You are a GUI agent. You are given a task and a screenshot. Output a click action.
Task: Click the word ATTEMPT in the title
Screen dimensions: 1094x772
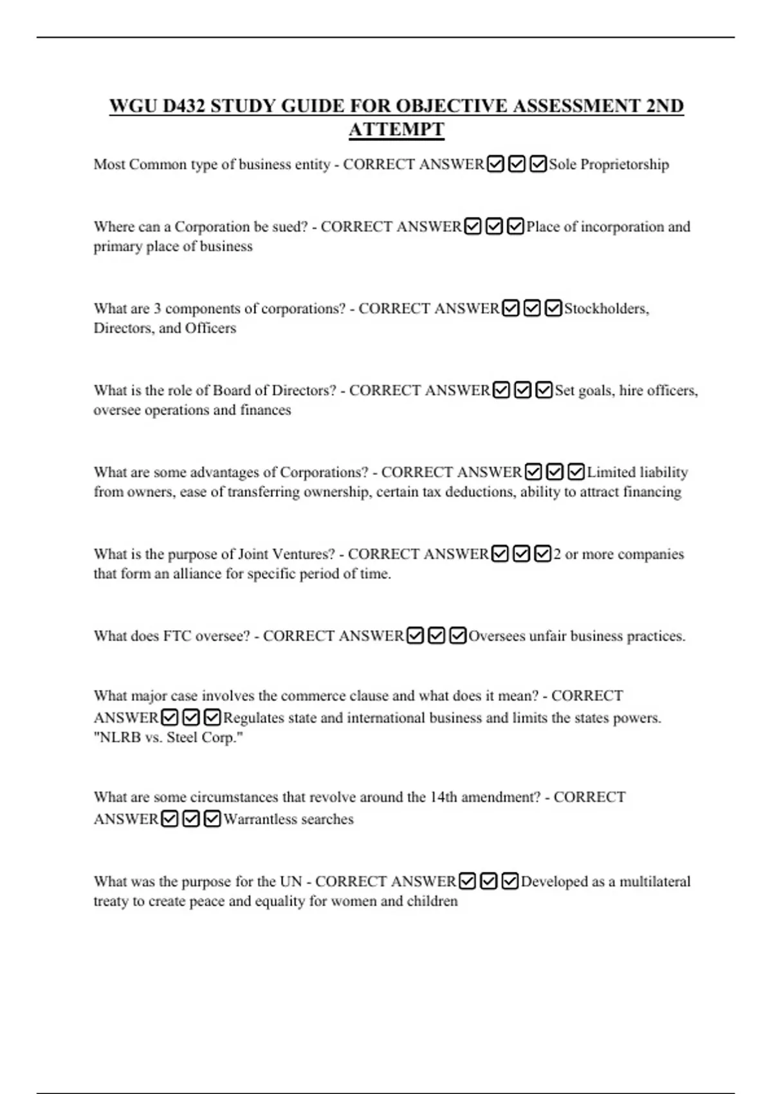pos(396,129)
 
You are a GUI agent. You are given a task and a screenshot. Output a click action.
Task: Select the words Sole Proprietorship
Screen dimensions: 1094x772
pos(609,165)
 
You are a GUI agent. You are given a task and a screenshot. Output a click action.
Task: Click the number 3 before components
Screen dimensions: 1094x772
pos(158,309)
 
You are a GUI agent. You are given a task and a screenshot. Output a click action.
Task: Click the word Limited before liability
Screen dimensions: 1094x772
pos(611,472)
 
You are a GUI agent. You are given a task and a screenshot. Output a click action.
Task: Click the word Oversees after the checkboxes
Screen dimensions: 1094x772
pos(497,636)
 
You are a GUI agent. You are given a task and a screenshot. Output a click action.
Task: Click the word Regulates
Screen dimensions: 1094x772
pos(255,718)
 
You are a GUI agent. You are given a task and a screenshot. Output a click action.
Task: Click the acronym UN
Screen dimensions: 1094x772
pos(291,882)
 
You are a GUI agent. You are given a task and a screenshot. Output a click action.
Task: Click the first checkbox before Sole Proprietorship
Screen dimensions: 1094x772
pos(495,165)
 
